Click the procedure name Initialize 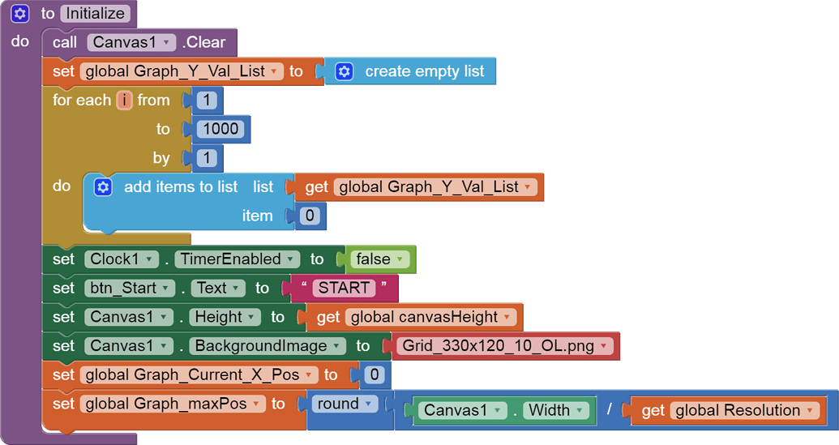95,14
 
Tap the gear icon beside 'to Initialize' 20,14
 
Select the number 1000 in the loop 221,129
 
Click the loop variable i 124,101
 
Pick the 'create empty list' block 423,71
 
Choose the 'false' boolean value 379,259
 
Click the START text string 344,288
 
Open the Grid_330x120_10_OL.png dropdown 603,346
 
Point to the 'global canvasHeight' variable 430,317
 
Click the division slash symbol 610,410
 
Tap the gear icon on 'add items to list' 103,187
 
